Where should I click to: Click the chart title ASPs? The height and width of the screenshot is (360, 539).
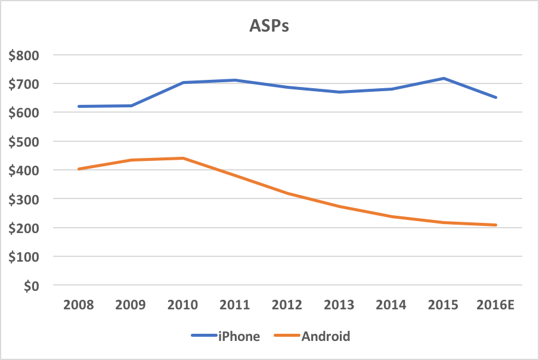click(269, 27)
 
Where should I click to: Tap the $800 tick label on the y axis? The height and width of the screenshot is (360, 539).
click(23, 55)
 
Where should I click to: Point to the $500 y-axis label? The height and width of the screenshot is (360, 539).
click(23, 142)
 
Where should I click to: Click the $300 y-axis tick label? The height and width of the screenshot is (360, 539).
click(23, 200)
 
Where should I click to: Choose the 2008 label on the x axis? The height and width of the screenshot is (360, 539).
click(78, 305)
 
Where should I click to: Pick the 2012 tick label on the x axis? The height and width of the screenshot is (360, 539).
click(287, 305)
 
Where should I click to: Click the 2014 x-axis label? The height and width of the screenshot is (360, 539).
click(391, 305)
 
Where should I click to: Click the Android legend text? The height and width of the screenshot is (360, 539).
click(326, 336)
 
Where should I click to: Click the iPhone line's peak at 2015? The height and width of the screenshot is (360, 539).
click(444, 78)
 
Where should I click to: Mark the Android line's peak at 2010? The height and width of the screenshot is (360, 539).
click(182, 158)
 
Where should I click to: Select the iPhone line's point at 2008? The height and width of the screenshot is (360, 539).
click(78, 106)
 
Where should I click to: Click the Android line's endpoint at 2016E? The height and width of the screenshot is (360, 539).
click(495, 225)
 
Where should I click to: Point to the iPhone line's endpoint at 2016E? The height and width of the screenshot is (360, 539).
click(495, 97)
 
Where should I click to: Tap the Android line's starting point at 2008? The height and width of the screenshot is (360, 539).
click(78, 169)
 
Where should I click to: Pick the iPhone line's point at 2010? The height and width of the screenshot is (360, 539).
click(182, 82)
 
